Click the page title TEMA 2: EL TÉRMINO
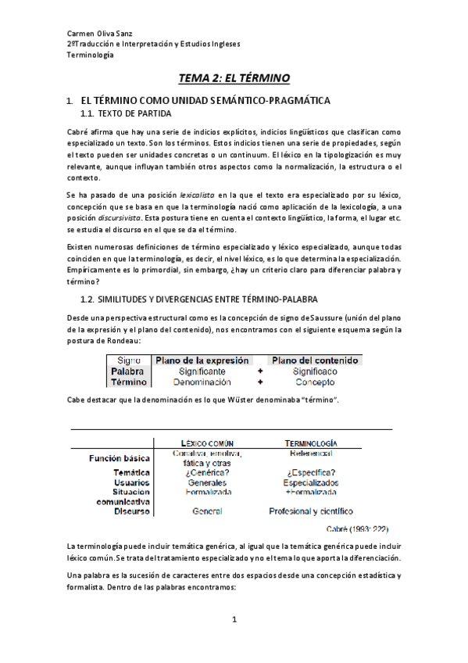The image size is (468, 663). coord(234,78)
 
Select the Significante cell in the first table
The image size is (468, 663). coord(205,372)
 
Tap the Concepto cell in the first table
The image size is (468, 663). coord(315,383)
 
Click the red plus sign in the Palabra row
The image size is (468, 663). coord(261,372)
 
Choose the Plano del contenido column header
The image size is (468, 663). coord(315,360)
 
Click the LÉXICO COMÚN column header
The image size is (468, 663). coord(208,443)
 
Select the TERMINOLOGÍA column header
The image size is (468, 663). coord(311,443)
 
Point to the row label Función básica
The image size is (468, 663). coord(119,458)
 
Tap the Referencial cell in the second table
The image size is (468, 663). coord(311,453)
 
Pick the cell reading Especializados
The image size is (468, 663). coord(311,483)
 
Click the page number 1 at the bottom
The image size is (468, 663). coord(234,620)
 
